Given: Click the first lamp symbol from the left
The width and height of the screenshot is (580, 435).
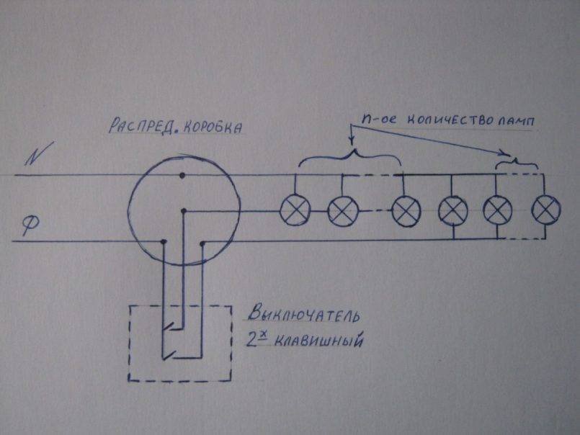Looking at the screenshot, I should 295,210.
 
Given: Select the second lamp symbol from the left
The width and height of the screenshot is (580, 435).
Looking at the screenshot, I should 342,210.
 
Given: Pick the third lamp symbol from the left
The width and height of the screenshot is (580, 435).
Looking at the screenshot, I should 405,210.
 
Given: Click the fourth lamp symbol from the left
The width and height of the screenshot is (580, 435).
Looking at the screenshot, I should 452,210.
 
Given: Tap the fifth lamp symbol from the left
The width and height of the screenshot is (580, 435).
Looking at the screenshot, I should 497,210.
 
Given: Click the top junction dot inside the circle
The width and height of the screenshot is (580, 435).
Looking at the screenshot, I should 182,174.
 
